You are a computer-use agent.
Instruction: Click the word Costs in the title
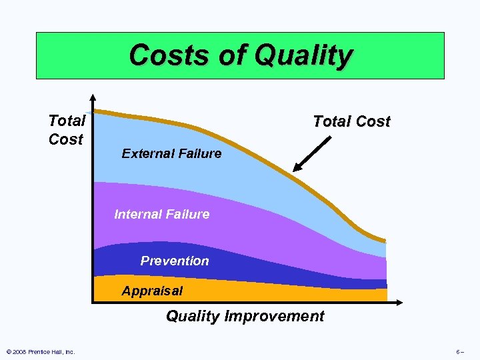(159, 55)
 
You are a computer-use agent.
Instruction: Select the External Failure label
(171, 153)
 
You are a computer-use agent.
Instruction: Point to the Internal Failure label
(162, 214)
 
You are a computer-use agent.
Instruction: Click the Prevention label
(175, 261)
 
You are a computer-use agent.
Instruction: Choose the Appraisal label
(152, 291)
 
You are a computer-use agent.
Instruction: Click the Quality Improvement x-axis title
(245, 316)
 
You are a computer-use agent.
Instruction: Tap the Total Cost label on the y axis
(67, 130)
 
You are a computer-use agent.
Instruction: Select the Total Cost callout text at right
(351, 121)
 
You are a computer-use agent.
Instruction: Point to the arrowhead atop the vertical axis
(94, 97)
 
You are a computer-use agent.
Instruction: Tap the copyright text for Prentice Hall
(40, 351)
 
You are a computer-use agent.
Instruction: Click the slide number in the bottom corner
(460, 351)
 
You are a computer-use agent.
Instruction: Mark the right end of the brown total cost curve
(384, 241)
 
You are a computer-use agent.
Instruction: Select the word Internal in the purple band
(136, 214)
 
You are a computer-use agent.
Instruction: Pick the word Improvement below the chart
(274, 316)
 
